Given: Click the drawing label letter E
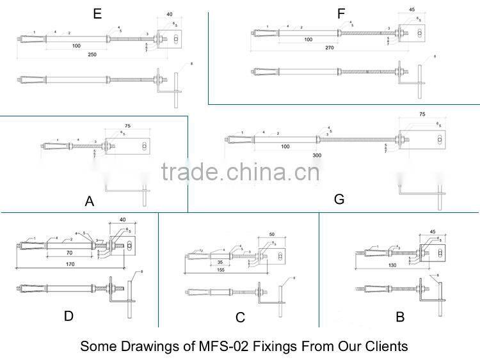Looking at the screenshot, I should tap(97, 13).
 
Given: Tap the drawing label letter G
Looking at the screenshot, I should tap(339, 199).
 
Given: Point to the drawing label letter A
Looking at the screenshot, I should tap(90, 201).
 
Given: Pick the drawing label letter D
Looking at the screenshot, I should tap(69, 316).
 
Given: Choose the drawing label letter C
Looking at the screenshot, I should tap(240, 318).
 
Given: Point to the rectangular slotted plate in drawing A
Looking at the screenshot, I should tap(136, 147).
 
